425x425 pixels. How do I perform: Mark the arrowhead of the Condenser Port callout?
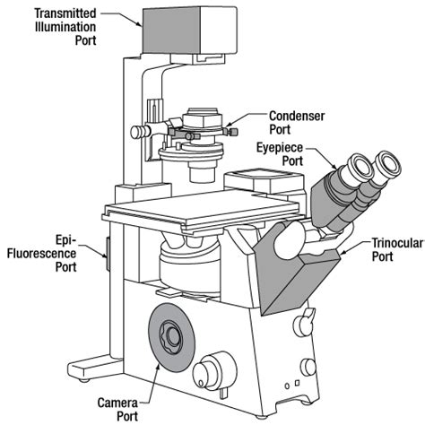pyautogui.click(x=230, y=129)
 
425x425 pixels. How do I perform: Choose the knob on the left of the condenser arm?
pyautogui.click(x=137, y=132)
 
